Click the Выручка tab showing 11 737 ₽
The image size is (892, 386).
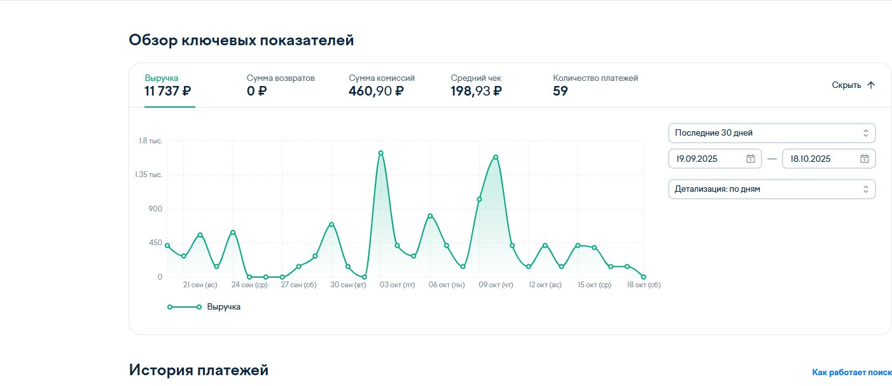pos(168,85)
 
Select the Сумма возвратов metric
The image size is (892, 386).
pos(281,85)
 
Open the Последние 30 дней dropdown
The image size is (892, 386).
pos(771,133)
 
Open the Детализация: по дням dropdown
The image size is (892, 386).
pos(771,189)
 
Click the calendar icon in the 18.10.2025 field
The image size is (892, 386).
pos(864,159)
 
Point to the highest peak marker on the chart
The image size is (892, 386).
pos(380,153)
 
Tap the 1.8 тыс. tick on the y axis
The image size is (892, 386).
pos(151,141)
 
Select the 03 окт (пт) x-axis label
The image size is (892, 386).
pos(397,285)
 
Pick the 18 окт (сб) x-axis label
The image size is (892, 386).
pos(643,285)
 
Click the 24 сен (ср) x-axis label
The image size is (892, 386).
pos(249,285)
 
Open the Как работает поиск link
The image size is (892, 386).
pos(851,372)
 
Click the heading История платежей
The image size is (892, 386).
pos(199,370)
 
